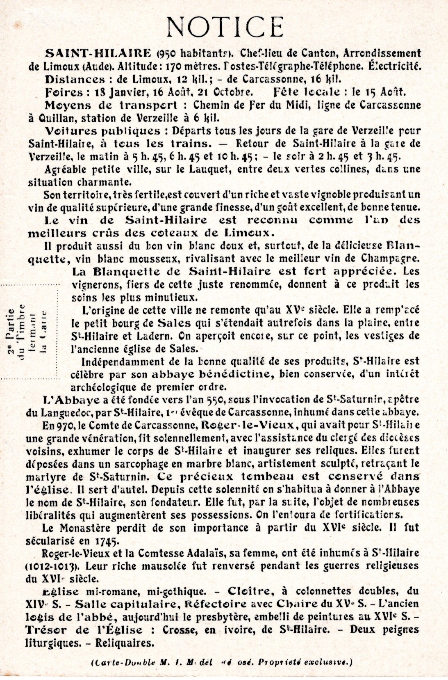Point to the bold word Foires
point(62,92)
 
